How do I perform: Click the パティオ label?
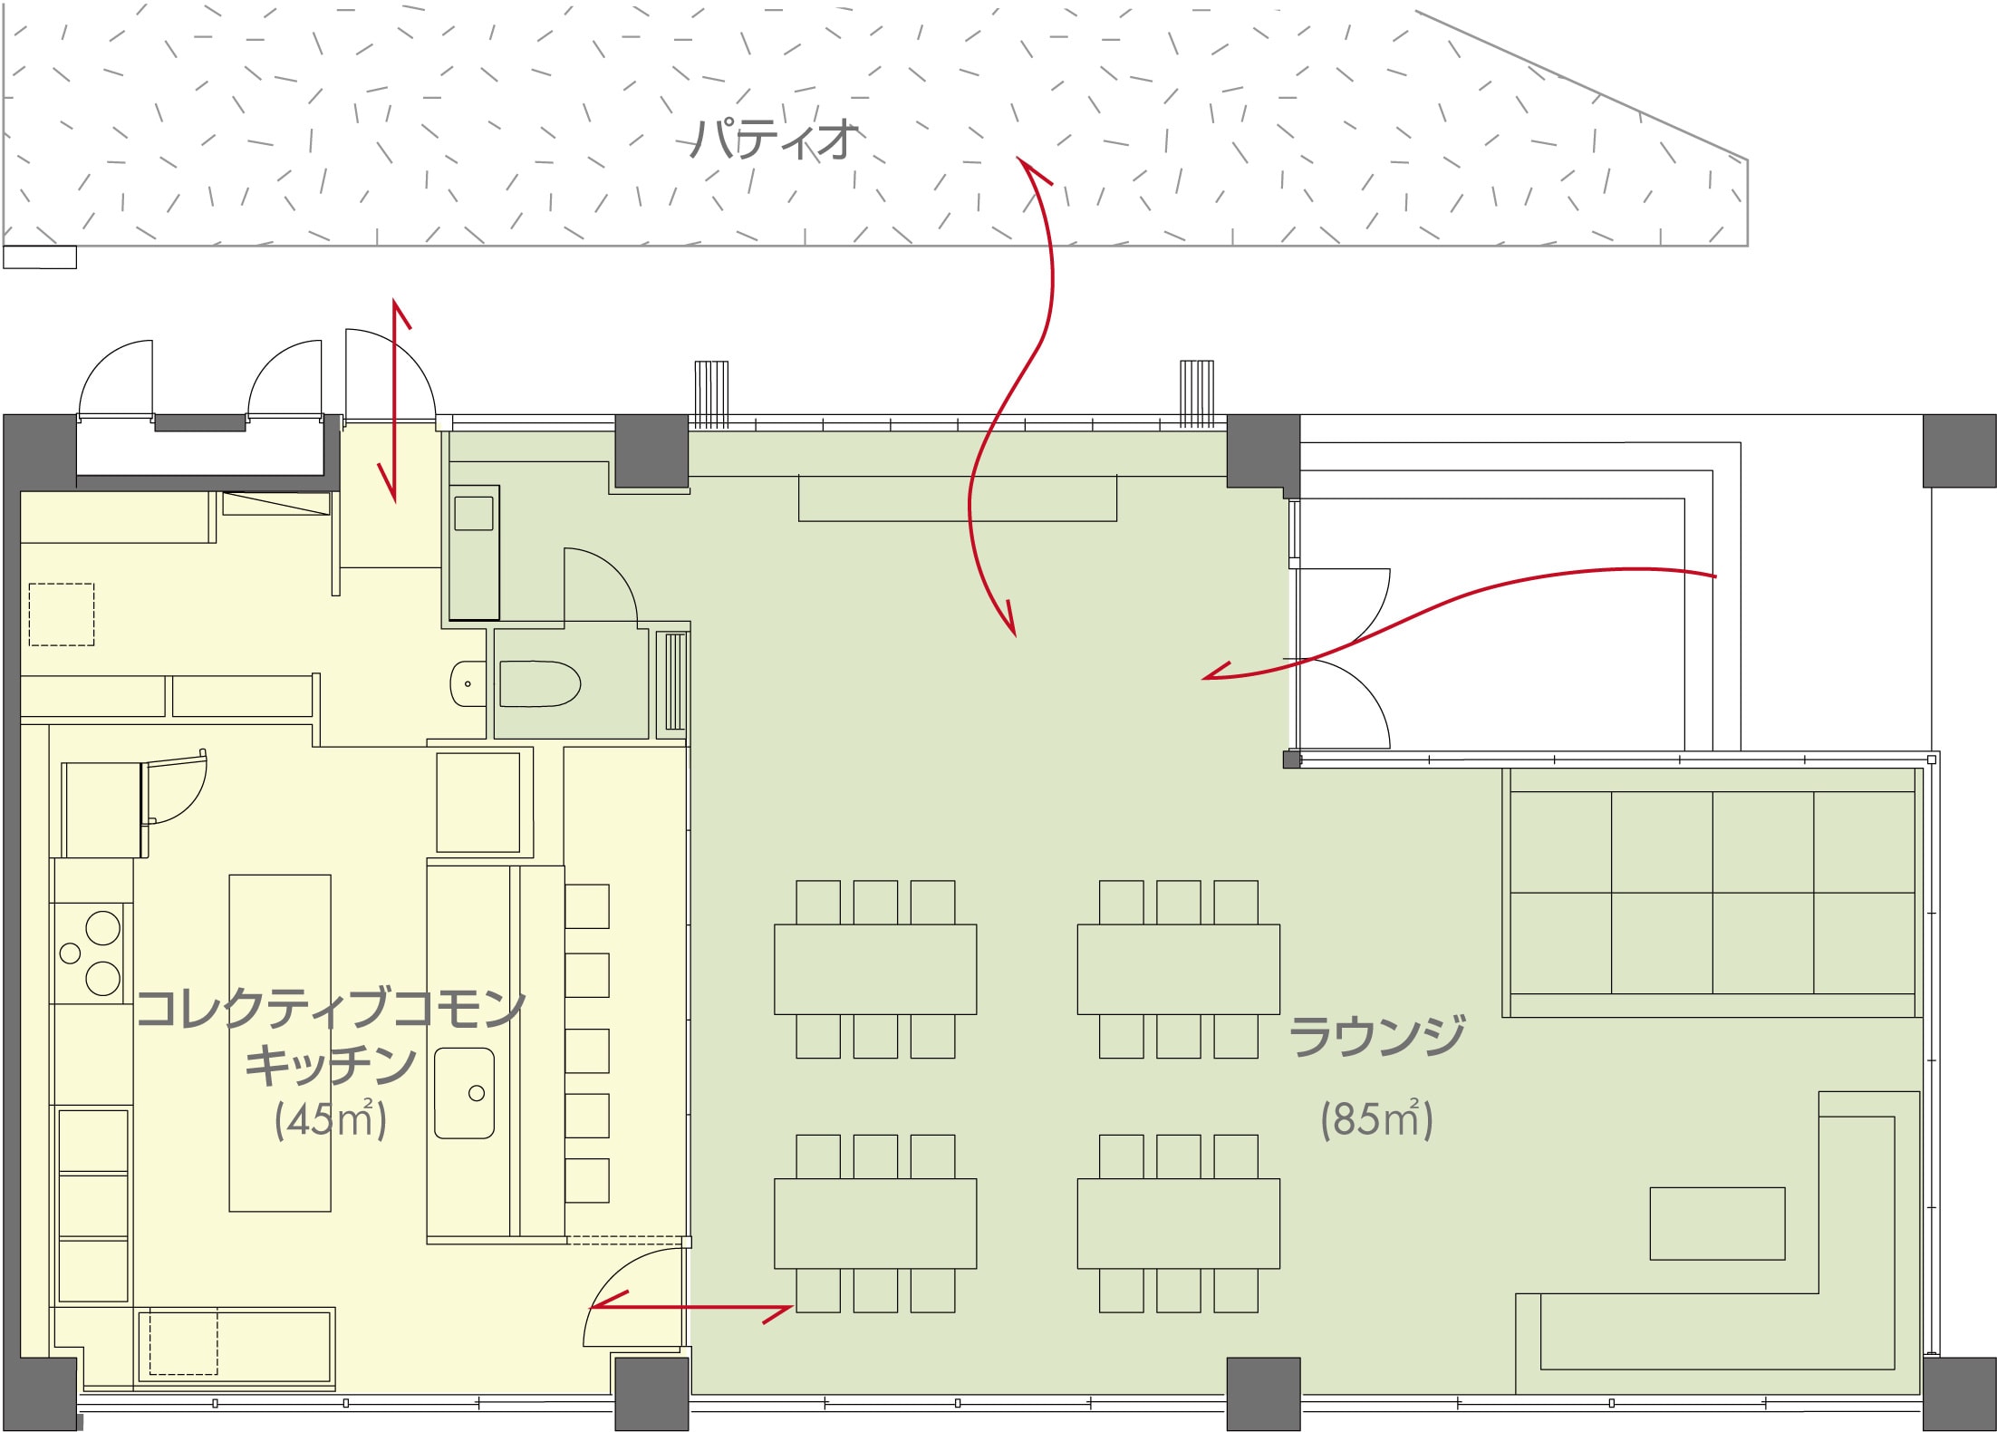pos(773,139)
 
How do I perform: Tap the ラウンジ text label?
pos(1376,1037)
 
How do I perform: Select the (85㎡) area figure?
pos(1376,1118)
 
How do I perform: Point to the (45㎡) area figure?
pos(331,1119)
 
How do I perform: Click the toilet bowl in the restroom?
pos(539,682)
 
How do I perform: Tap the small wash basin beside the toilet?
pos(468,682)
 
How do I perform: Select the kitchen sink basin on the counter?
pos(464,1093)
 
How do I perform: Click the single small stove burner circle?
pos(70,953)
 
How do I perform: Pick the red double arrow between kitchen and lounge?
pos(691,1307)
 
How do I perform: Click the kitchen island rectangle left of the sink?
pos(280,1042)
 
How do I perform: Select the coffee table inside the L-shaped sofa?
pos(1717,1224)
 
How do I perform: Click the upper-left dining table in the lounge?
pos(875,969)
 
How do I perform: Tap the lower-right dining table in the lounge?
pos(1179,1223)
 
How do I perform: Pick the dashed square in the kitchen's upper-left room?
pos(62,614)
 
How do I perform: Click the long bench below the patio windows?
pos(957,498)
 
